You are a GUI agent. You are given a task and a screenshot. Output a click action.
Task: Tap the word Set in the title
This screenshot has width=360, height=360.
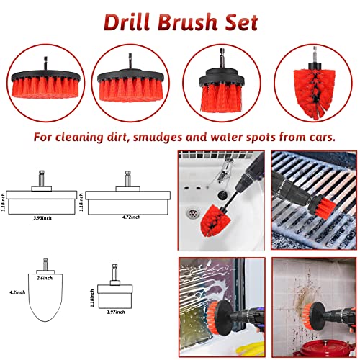coord(238,22)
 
